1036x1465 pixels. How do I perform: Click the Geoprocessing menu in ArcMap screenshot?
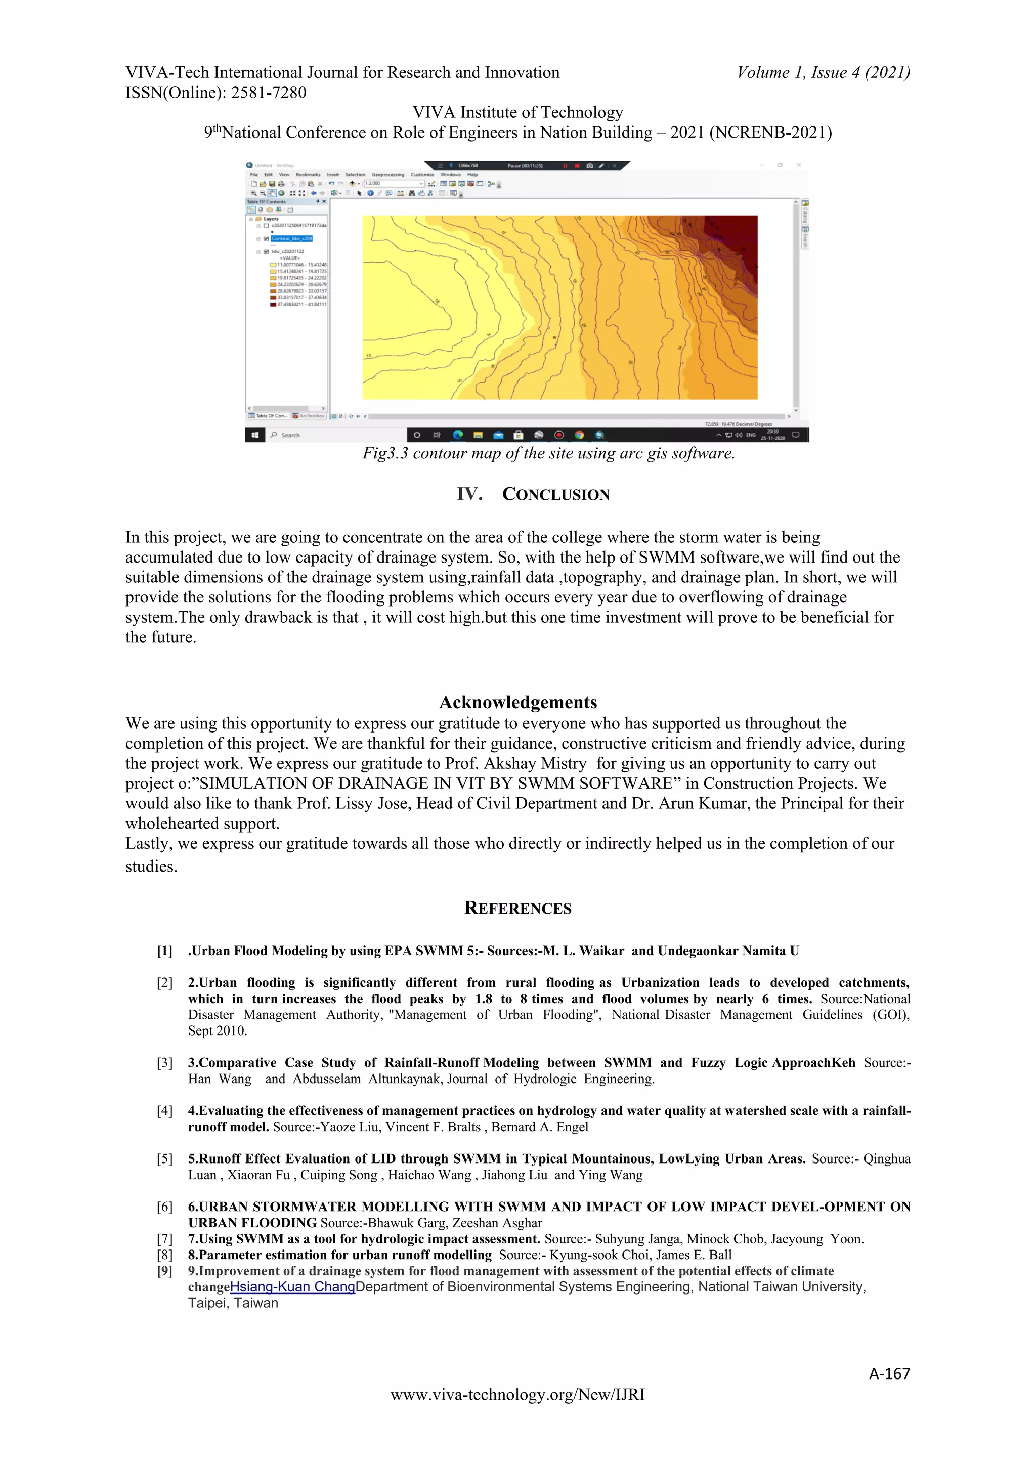388,174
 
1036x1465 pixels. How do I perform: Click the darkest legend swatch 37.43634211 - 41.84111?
273,305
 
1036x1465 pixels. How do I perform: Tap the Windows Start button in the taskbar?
255,435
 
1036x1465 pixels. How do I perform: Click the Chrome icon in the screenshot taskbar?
579,435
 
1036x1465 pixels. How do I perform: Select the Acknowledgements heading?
518,703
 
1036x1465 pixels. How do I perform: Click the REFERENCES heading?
518,908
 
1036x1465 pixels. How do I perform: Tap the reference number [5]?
164,1159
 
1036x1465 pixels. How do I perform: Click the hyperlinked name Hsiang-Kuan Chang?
292,1287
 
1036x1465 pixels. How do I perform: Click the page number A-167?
889,1374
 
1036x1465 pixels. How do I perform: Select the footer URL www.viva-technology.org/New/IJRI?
518,1395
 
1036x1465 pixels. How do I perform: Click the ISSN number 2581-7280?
269,93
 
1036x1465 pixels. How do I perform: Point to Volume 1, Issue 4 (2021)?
824,72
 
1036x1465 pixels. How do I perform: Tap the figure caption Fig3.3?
385,454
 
